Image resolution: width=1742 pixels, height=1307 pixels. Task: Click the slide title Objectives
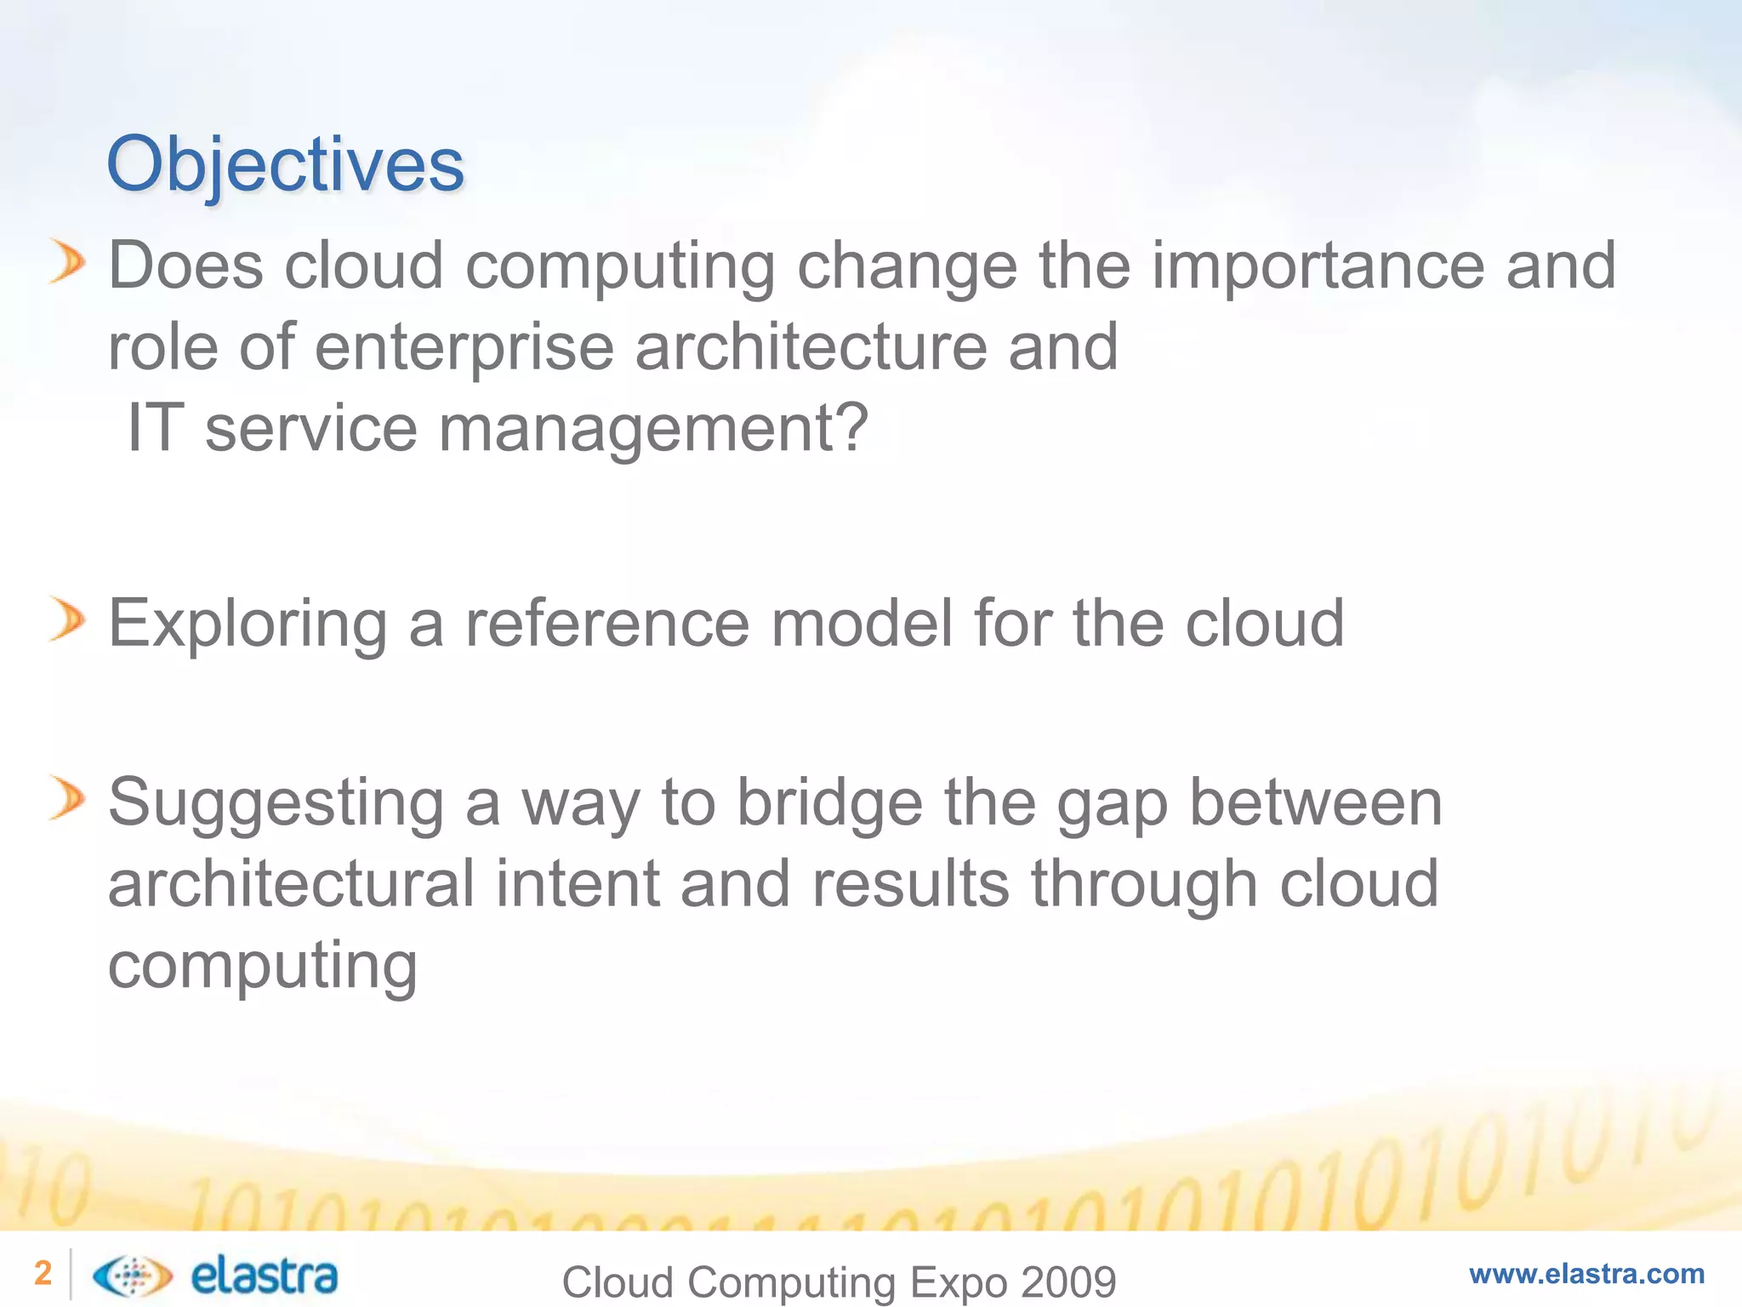pos(285,164)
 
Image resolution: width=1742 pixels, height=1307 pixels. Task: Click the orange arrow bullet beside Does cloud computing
pos(67,261)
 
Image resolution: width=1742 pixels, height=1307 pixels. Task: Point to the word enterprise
pos(464,349)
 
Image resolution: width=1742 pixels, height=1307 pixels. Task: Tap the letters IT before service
pos(155,428)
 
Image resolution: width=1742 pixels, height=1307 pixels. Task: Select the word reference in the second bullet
pos(607,624)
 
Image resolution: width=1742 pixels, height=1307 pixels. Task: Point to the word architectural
pos(291,884)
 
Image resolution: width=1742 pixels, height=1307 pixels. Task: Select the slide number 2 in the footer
pos(43,1273)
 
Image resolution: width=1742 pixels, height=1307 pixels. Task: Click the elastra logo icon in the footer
pos(132,1275)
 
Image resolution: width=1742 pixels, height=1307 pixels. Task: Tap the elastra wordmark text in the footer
pos(264,1275)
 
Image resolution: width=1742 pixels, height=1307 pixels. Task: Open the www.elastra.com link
pos(1586,1274)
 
